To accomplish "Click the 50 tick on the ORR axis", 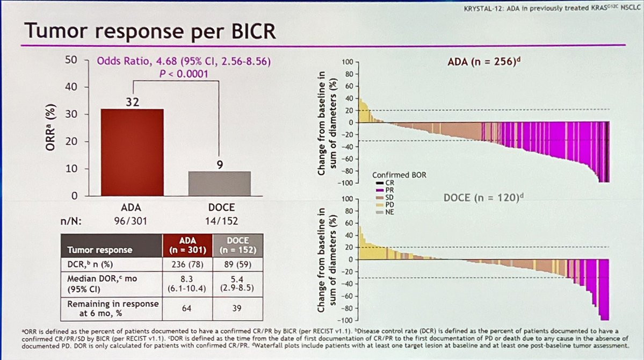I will (x=71, y=60).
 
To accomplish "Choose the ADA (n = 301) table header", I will (x=187, y=245).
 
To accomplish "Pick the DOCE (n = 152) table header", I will (x=238, y=245).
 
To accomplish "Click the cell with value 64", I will (x=187, y=308).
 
